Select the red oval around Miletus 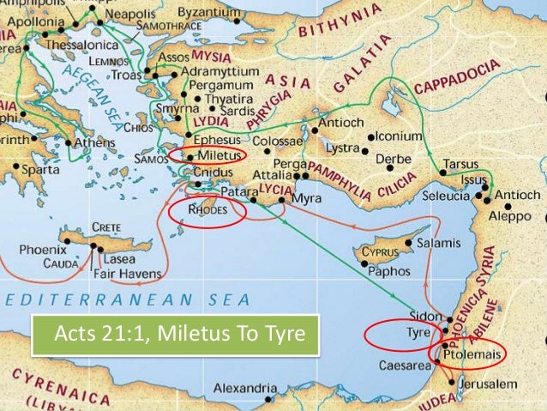tap(207, 154)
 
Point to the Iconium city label tap(400, 136)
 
